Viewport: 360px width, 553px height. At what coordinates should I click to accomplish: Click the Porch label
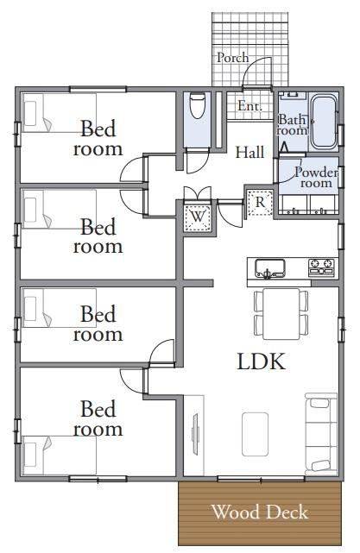point(232,58)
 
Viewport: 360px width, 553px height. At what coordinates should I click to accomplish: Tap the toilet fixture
point(198,105)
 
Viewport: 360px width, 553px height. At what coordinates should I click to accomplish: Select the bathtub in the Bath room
point(323,122)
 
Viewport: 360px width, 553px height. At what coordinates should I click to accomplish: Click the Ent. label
point(249,105)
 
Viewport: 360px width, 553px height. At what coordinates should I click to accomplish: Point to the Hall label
point(249,153)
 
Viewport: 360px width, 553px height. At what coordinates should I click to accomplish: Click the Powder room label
point(316,178)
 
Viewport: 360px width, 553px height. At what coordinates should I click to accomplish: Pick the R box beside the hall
point(260,202)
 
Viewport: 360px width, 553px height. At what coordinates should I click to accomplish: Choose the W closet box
point(198,216)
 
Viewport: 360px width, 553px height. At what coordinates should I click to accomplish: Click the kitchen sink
point(270,269)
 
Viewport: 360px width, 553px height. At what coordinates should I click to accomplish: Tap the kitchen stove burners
point(321,267)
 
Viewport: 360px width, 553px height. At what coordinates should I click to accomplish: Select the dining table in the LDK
point(281,314)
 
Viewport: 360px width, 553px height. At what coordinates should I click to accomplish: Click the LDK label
point(261,361)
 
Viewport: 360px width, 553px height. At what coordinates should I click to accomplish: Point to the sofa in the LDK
point(321,434)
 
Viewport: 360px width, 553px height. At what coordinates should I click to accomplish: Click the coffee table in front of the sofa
point(255,434)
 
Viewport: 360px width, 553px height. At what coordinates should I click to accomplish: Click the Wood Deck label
point(260,512)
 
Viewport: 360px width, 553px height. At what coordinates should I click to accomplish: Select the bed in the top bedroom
point(60,113)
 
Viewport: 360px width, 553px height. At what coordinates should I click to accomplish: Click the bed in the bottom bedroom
point(60,456)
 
